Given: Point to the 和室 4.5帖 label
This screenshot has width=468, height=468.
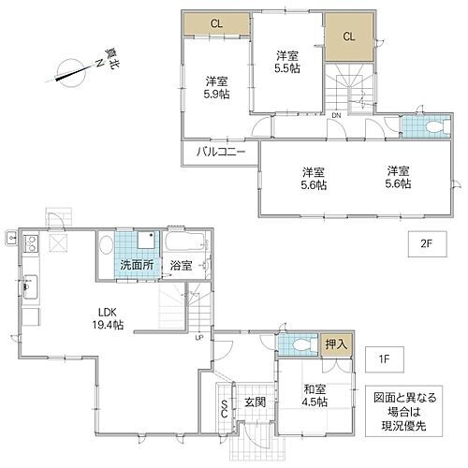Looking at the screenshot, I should tap(314, 395).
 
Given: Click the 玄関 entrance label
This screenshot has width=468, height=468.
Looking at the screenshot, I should tap(256, 402).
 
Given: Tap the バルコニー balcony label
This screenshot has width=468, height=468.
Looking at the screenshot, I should tap(219, 151).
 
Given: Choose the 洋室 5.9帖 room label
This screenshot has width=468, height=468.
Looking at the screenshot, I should tap(215, 86).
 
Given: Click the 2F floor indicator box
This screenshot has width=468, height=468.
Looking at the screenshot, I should tap(425, 244).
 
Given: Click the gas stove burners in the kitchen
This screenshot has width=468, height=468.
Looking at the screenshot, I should tap(29, 245).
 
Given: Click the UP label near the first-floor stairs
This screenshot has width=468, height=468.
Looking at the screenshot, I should tap(198, 339).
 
